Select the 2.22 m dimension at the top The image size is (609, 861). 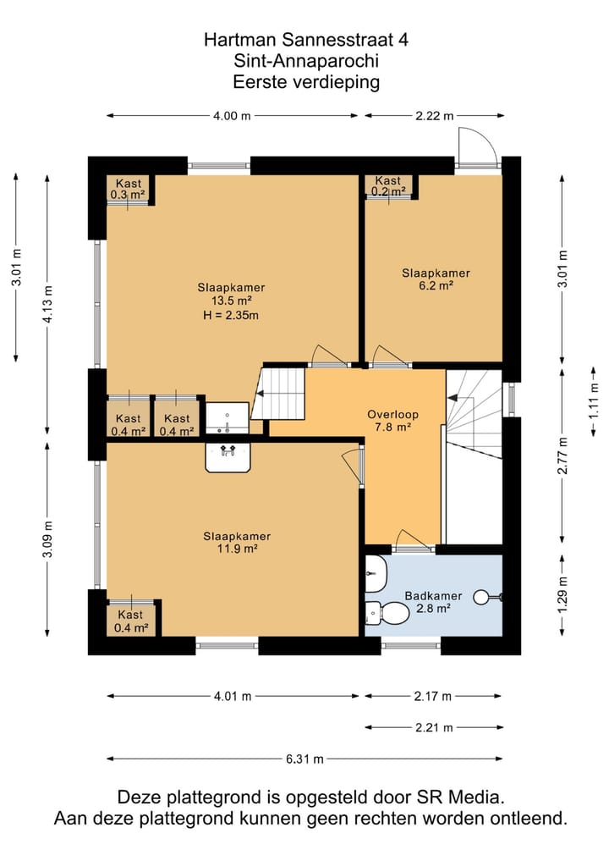[x=435, y=115]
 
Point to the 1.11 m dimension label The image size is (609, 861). [x=594, y=400]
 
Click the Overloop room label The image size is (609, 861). [x=392, y=415]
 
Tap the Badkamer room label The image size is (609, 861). [x=433, y=596]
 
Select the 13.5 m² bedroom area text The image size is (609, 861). [x=232, y=301]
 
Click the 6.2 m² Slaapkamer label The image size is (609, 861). [x=436, y=279]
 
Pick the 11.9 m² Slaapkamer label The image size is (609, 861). [x=237, y=543]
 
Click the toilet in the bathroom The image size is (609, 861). [x=387, y=613]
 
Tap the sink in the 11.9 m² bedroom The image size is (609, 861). [x=228, y=457]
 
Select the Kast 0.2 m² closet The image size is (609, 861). [x=388, y=186]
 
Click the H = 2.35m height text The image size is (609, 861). [x=230, y=315]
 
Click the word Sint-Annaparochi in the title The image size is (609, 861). [x=306, y=61]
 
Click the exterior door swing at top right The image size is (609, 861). [x=478, y=146]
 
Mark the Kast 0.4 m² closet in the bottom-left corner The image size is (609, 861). [x=130, y=621]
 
